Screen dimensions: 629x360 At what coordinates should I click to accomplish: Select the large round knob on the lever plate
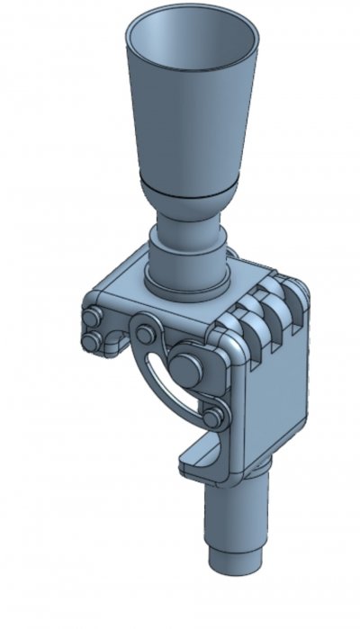186,365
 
